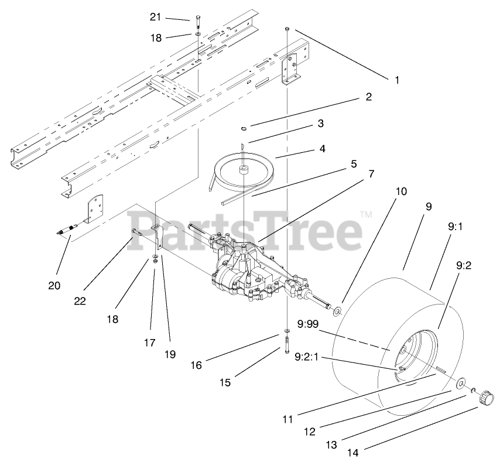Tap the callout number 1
(x=397, y=80)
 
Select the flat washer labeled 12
(x=461, y=382)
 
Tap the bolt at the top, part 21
(x=197, y=22)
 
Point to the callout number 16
(x=196, y=365)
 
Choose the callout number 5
(x=354, y=165)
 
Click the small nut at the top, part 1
(x=287, y=29)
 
